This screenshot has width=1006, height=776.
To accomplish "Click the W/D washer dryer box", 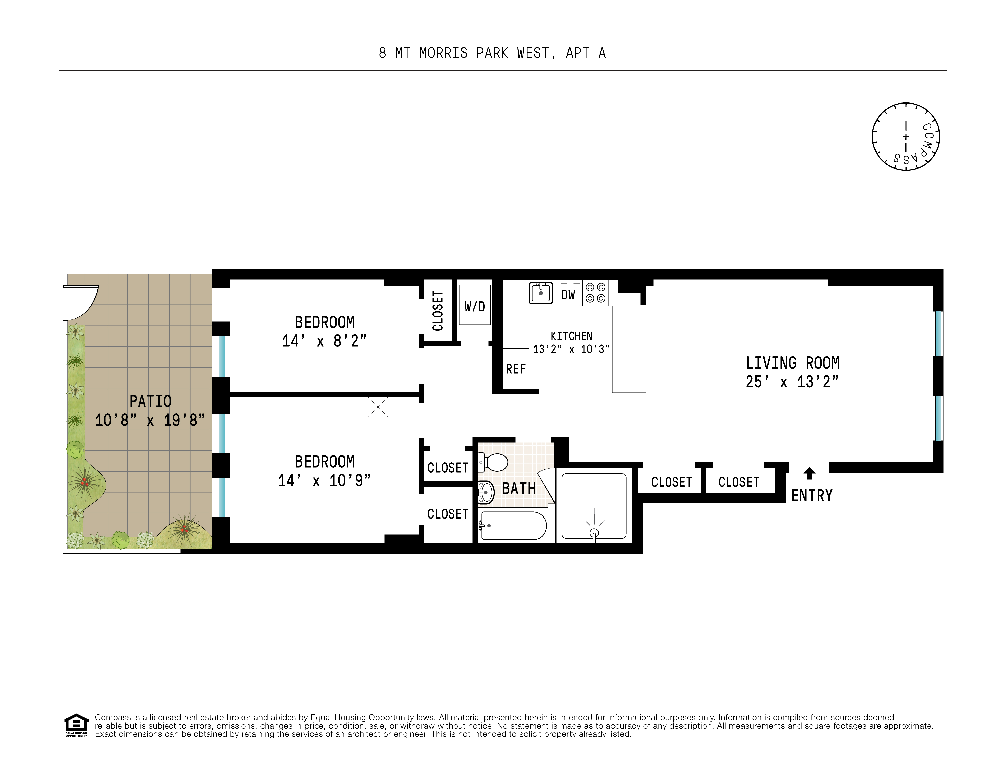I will [x=474, y=305].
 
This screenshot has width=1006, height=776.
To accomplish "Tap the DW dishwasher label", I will [x=568, y=295].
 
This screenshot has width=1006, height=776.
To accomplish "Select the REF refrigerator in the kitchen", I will [x=515, y=369].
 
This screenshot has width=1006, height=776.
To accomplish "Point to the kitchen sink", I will [x=540, y=293].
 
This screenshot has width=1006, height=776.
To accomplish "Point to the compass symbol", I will [x=906, y=137].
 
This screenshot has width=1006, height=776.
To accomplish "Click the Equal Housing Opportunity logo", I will [x=76, y=725].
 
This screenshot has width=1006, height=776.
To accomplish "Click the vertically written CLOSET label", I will [x=438, y=311].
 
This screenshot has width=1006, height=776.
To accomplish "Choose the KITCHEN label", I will [x=571, y=336].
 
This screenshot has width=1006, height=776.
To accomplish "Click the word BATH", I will [x=519, y=488].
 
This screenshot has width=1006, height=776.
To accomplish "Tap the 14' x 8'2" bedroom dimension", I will [x=324, y=341].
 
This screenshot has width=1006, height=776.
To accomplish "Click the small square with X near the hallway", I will [x=378, y=407].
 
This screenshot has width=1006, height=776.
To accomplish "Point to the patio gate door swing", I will [x=83, y=301].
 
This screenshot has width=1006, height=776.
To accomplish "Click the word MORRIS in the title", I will [x=443, y=54].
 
